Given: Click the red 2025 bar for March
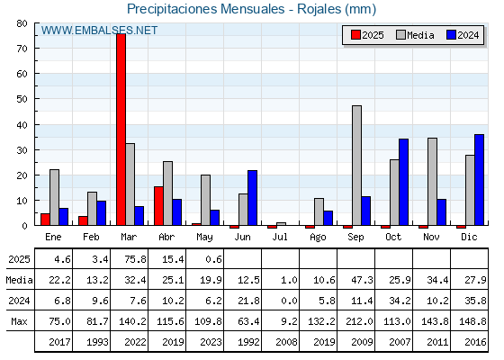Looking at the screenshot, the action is point(121,130).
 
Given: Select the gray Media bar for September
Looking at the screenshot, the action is point(356,166).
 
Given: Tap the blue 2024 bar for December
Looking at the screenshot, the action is point(479,180).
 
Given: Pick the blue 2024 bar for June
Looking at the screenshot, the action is point(252,198).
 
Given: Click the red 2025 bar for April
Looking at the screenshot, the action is point(158,206).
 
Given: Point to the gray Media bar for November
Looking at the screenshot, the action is point(432,182).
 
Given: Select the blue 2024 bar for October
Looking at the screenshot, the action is point(404,182).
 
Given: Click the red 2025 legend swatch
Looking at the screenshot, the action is point(355,35).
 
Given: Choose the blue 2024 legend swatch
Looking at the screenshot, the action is point(451,35).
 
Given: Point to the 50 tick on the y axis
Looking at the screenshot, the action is point(22,99).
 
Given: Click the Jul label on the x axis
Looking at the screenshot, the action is point(280,237).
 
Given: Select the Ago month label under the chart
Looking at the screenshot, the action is point(318,238).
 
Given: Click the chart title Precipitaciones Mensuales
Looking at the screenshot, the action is point(206,9).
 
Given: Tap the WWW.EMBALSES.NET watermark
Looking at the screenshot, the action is point(99,31).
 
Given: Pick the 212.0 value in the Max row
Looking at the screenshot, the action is point(360,321).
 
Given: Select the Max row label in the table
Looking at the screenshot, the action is point(19,321).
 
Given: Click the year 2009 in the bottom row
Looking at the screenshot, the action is point(362,342).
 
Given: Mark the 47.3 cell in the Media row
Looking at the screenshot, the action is point(362,280).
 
